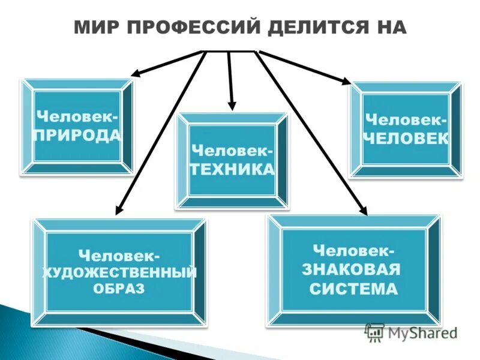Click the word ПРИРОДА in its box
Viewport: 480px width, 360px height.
pos(77,134)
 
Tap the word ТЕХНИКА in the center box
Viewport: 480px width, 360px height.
pos(232,169)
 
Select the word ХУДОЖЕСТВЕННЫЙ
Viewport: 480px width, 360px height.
pos(119,273)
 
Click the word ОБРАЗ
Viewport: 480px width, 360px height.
pos(119,289)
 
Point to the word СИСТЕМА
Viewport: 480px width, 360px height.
pos(353,290)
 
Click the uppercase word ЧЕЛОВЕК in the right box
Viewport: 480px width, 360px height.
pos(405,138)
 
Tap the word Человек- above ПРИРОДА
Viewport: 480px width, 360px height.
pos(77,115)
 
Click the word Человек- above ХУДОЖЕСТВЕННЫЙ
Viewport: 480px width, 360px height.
pos(119,256)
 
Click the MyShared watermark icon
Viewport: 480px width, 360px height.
pos(374,332)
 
